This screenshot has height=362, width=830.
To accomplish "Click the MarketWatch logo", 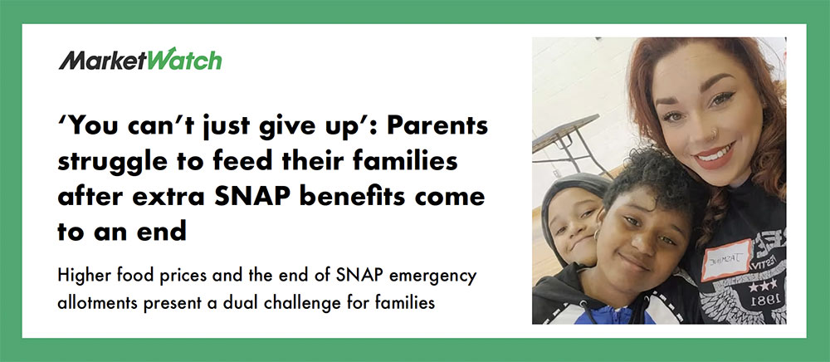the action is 140,59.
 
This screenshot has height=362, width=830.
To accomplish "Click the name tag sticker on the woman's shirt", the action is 726,259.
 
